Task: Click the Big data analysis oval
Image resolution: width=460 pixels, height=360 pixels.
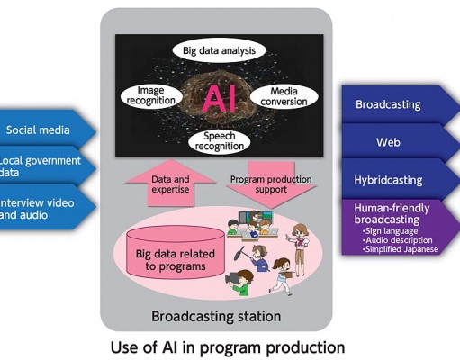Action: pyautogui.click(x=219, y=50)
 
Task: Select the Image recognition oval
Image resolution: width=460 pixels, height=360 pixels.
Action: pyautogui.click(x=151, y=95)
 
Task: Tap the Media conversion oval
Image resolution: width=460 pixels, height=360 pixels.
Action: pyautogui.click(x=284, y=96)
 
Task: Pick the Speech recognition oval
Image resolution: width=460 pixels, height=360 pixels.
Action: pyautogui.click(x=220, y=141)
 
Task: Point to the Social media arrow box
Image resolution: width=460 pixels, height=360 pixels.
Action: pyautogui.click(x=45, y=130)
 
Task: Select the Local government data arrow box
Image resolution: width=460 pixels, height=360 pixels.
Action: pyautogui.click(x=45, y=166)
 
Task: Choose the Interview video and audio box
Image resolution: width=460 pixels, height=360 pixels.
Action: pyautogui.click(x=45, y=208)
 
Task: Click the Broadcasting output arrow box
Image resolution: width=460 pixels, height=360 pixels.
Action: pyautogui.click(x=399, y=104)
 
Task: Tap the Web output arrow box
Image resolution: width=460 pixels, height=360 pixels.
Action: pyautogui.click(x=399, y=142)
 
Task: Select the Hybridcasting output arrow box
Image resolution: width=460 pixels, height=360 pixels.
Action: pyautogui.click(x=399, y=180)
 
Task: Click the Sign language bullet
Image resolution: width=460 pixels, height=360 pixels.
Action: pyautogui.click(x=390, y=231)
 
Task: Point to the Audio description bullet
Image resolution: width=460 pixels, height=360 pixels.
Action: pyautogui.click(x=398, y=240)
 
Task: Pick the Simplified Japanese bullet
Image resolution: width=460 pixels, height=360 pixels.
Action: pyautogui.click(x=401, y=249)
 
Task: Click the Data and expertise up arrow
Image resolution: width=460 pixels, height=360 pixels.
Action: pyautogui.click(x=170, y=184)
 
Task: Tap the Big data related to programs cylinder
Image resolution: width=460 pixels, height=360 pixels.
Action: pyautogui.click(x=176, y=252)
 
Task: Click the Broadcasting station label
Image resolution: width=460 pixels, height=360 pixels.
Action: pyautogui.click(x=216, y=316)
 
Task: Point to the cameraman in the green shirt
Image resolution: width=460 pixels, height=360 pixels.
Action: pyautogui.click(x=240, y=282)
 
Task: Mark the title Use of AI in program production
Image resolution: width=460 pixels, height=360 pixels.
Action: pyautogui.click(x=228, y=347)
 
